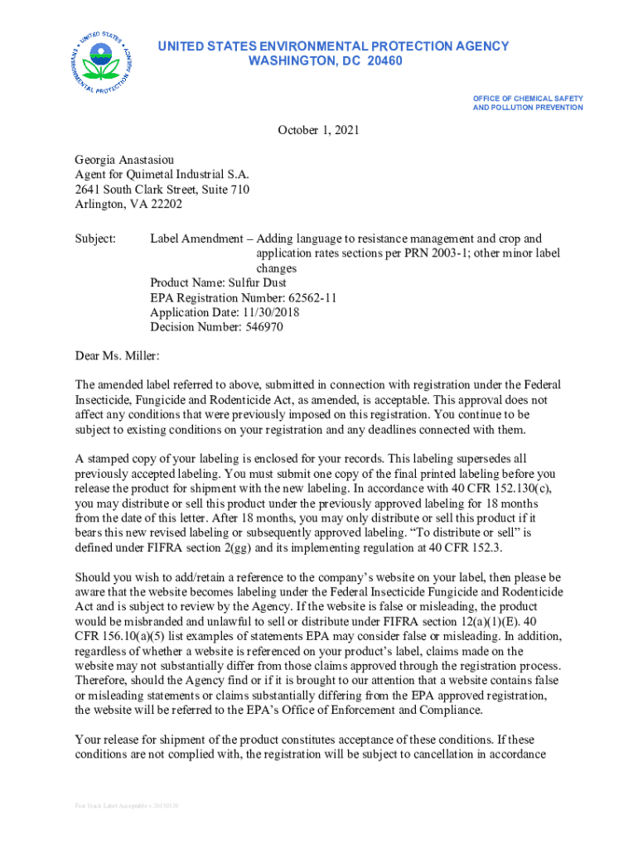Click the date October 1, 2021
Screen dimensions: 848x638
318,130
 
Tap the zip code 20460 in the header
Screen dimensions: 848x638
383,61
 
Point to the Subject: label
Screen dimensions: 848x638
96,239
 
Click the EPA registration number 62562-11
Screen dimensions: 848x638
302,298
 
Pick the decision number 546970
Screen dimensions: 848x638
260,328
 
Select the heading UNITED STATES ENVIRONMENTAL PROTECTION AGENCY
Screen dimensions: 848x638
333,46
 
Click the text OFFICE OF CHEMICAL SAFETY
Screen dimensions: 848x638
528,99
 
